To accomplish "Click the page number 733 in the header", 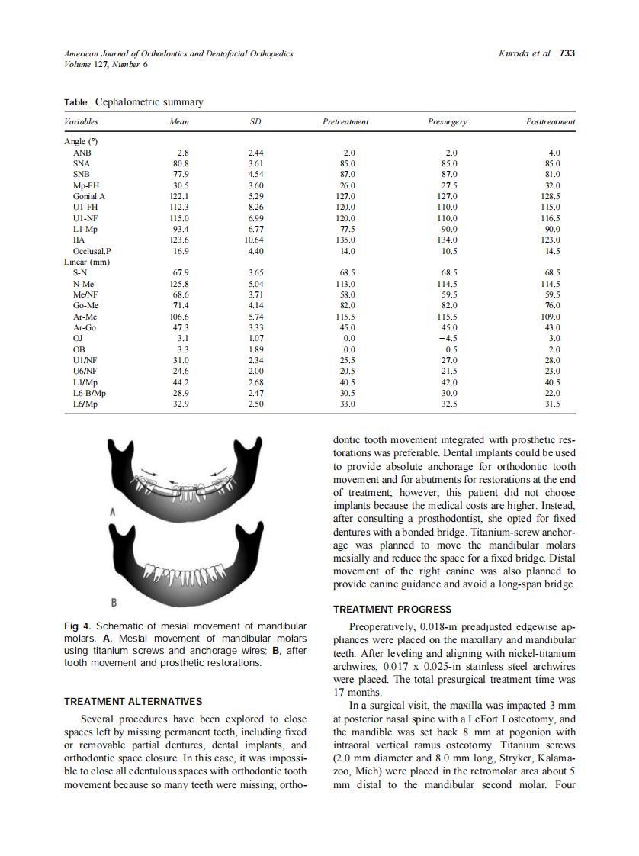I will pos(567,53).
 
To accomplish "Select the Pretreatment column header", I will pos(345,121).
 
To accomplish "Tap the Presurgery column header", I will pos(448,121).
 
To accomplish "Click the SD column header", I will pos(256,121).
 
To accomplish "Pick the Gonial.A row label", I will pos(86,195).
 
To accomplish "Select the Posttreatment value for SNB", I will pos(554,174).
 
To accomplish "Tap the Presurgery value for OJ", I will pos(448,338).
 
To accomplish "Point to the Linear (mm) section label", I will pos(87,262).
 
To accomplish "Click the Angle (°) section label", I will pos(81,141).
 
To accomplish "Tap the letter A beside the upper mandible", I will pos(112,513).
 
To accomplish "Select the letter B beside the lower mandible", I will pos(114,603).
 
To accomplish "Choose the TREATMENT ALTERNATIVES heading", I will pos(133,701).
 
